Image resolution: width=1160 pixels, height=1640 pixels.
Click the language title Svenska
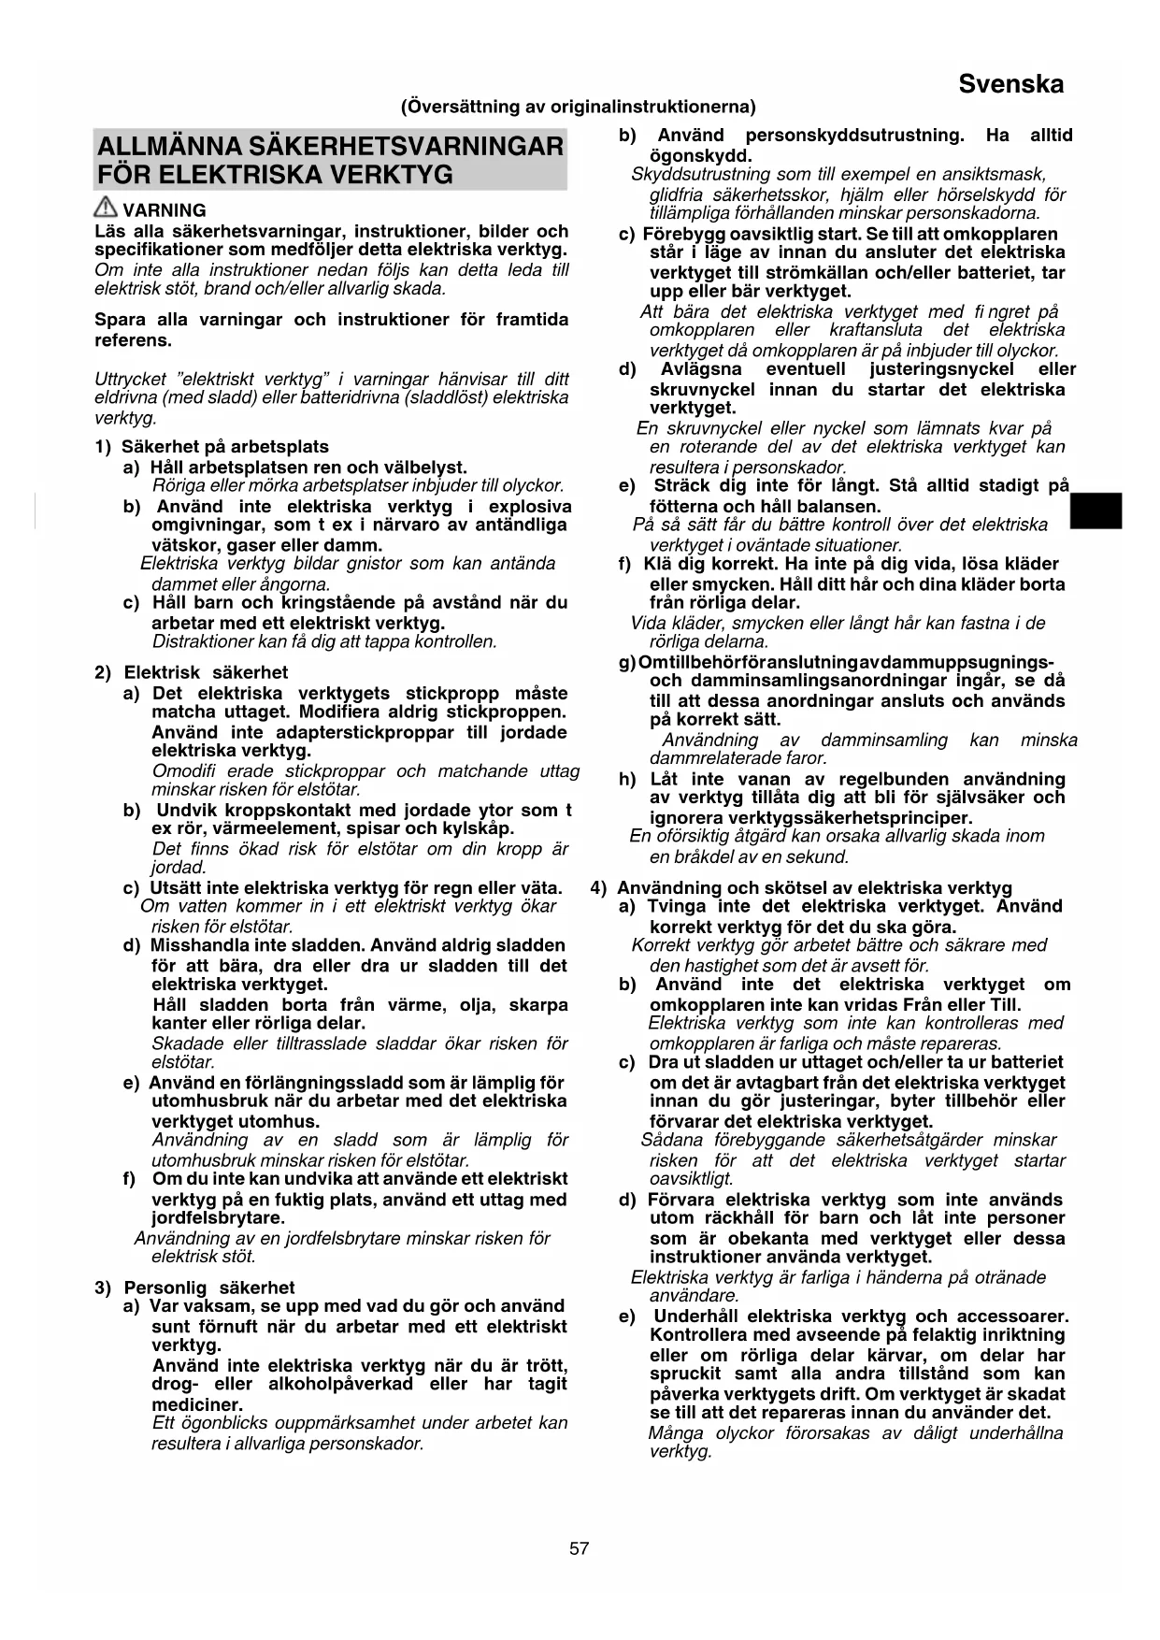(1010, 85)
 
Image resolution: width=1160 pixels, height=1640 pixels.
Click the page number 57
(580, 1548)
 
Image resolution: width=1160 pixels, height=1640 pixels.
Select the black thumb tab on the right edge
(1096, 511)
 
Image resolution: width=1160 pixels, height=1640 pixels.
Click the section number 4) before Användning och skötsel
(599, 888)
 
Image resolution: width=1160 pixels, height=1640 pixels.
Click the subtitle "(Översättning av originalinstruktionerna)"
(579, 107)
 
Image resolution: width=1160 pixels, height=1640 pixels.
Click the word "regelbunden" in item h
(890, 779)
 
